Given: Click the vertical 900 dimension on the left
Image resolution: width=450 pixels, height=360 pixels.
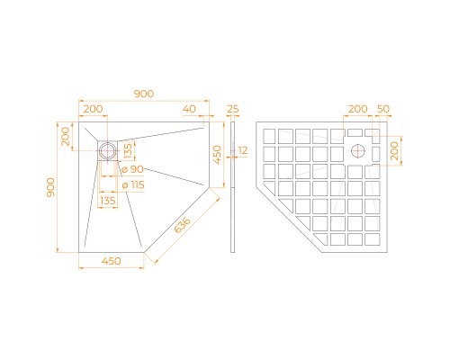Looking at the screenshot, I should tap(51, 186).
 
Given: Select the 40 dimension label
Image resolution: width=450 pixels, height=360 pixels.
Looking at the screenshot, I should tap(188, 109).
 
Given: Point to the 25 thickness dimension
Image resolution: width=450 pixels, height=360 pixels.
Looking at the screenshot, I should tap(233, 109).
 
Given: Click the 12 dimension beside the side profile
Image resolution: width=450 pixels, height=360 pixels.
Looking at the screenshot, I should tap(242, 150).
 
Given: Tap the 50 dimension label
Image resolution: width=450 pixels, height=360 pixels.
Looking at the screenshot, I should tap(384, 109).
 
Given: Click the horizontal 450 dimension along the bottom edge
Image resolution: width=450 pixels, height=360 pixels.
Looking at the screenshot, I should tap(112, 262).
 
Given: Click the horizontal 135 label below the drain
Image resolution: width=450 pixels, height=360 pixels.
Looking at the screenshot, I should tap(108, 202).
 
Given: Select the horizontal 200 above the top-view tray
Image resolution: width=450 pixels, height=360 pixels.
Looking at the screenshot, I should tap(92, 109).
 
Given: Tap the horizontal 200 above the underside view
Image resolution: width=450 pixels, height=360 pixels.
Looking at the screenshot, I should tap(357, 109).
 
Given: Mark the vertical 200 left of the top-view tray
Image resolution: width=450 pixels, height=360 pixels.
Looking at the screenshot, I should tap(66, 137).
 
